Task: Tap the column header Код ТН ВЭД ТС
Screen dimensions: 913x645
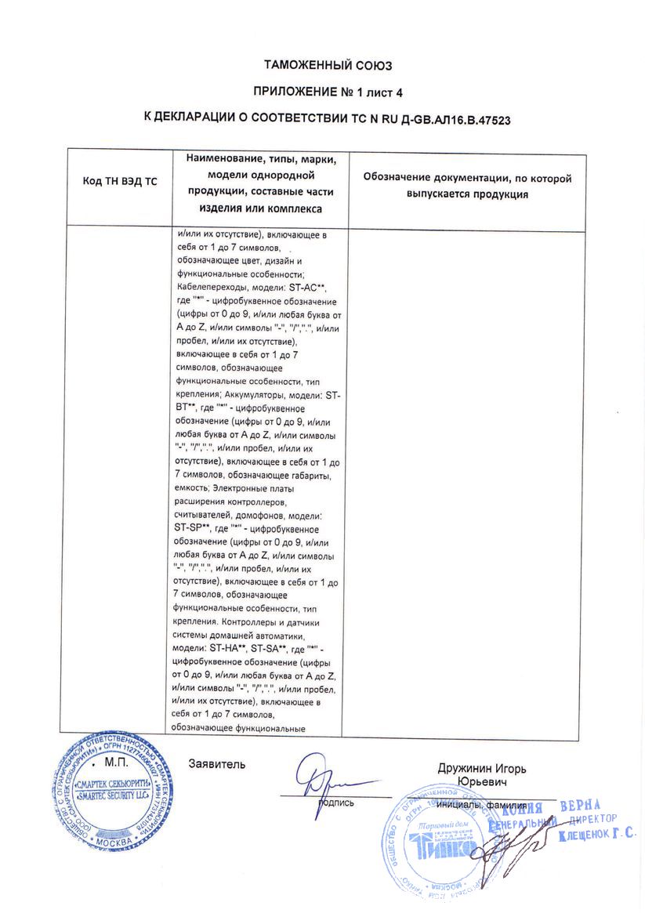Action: coord(120,181)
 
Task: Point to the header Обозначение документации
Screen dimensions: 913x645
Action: coord(467,179)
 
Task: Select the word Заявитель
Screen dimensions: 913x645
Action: coord(217,763)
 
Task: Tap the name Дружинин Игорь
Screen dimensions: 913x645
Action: coord(482,769)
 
